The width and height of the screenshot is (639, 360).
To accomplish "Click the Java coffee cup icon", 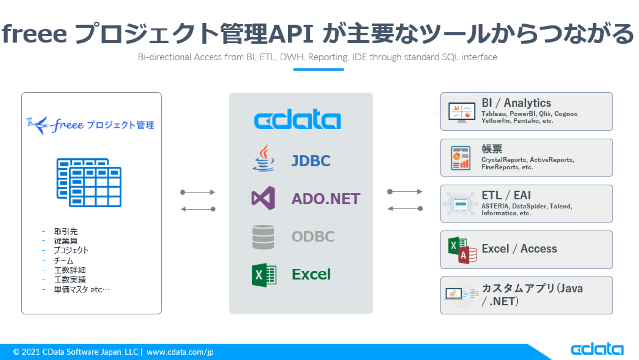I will click(264, 158).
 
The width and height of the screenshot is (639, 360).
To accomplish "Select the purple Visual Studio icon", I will click(263, 198).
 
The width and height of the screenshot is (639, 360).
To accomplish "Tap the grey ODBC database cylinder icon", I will click(264, 237).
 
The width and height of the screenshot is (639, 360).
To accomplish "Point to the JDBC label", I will click(311, 161).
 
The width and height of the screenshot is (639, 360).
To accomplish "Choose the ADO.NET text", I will click(326, 199).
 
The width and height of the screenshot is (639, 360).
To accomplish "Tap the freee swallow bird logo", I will click(38, 125).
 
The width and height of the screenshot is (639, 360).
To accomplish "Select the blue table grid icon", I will click(89, 182).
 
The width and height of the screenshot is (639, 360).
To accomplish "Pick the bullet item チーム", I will click(63, 261).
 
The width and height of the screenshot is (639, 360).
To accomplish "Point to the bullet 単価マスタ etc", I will click(82, 290).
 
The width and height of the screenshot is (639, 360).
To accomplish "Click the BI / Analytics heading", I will click(516, 103).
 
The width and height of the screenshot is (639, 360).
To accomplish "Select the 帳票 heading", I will click(492, 149).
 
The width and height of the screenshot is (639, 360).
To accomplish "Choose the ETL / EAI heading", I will click(506, 195).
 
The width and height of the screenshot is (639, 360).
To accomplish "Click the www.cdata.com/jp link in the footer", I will click(180, 352).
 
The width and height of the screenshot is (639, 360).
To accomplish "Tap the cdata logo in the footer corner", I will click(597, 350).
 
